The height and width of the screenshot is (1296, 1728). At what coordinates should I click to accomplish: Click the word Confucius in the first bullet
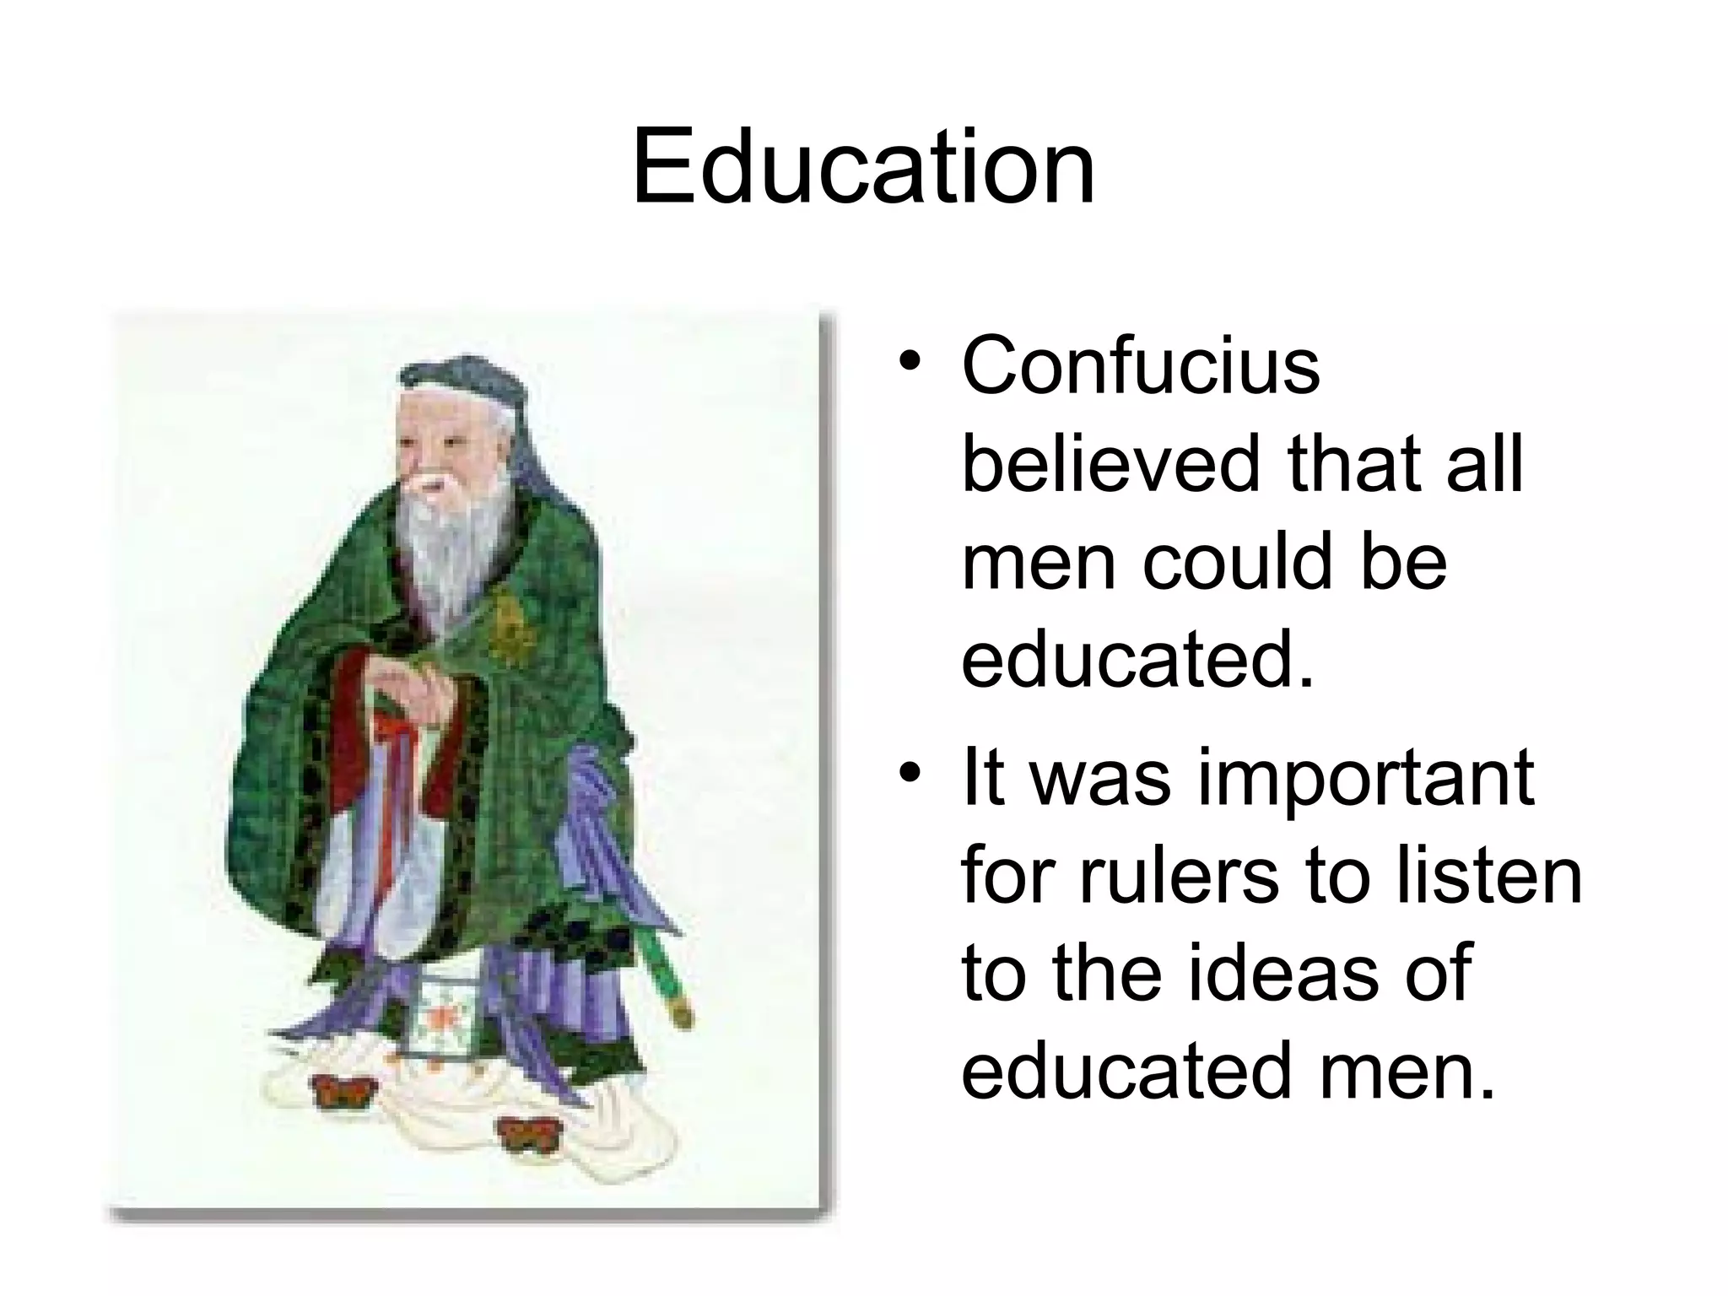point(1141,365)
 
